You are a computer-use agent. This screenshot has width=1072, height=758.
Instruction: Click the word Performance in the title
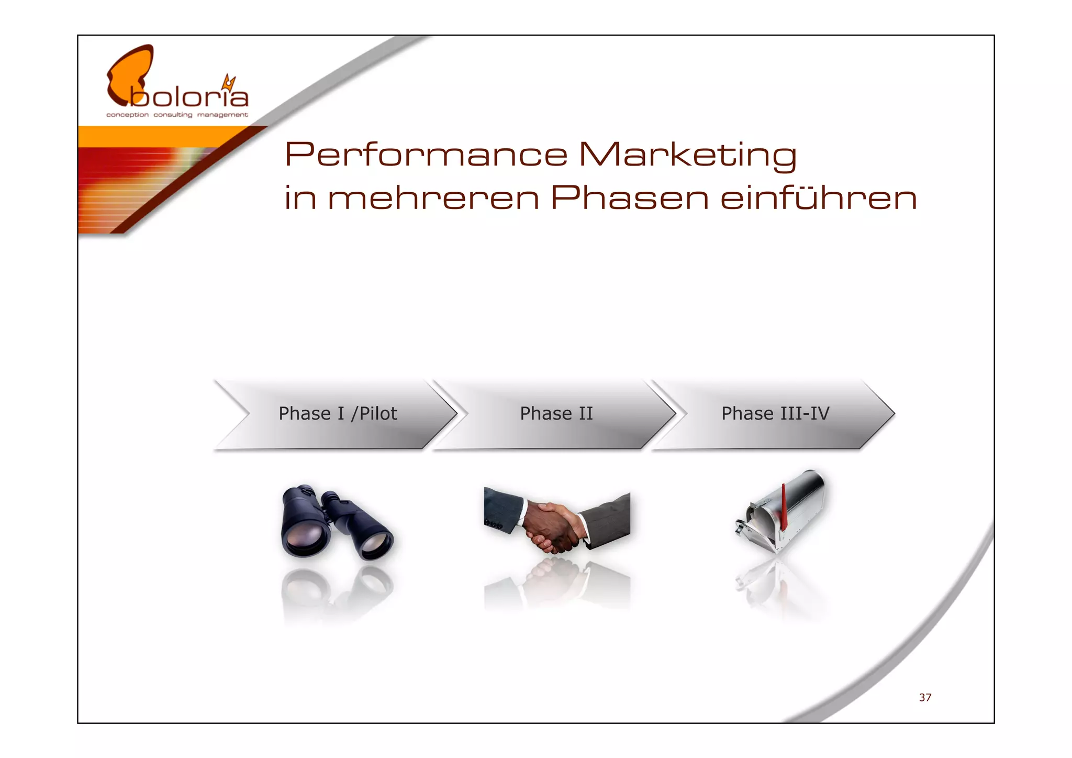coord(425,155)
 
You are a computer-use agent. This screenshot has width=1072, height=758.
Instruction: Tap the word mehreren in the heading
coord(433,199)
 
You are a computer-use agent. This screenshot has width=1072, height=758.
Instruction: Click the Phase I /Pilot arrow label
coord(338,414)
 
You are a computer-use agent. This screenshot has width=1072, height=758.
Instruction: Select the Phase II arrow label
coord(556,414)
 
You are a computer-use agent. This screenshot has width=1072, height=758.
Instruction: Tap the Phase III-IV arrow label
coord(775,414)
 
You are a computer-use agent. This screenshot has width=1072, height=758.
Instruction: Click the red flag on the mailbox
coord(784,506)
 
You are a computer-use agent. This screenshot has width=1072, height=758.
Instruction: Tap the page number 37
coord(925,697)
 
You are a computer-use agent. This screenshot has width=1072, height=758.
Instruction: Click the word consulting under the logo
coord(173,115)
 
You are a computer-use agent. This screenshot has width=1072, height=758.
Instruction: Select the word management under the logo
coord(222,115)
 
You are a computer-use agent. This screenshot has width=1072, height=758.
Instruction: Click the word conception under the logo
coord(127,115)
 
